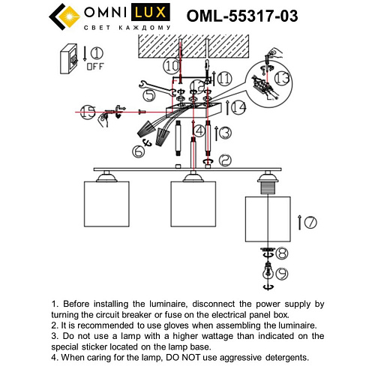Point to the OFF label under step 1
pyautogui.click(x=94, y=65)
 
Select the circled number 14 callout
pyautogui.click(x=239, y=107)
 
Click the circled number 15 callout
pyautogui.click(x=88, y=112)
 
